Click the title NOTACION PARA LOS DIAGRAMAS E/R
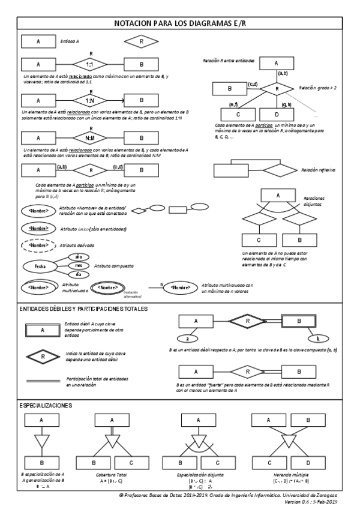point(179,23)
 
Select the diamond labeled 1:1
point(89,64)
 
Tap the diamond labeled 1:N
point(89,100)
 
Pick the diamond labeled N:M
point(89,137)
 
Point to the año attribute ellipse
point(78,257)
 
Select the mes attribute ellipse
point(78,266)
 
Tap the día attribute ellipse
point(78,274)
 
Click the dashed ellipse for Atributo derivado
point(38,245)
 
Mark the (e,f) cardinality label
point(235,105)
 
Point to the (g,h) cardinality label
point(286,105)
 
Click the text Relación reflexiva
point(318,170)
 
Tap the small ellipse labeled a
point(187,339)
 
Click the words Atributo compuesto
point(113,265)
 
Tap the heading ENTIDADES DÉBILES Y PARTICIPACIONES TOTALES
point(83,309)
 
